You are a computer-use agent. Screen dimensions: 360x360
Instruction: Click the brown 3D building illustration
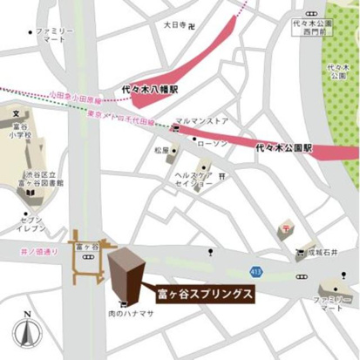click(127, 273)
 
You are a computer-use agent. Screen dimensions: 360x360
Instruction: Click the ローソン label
click(212, 142)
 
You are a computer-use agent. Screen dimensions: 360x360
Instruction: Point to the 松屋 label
click(161, 150)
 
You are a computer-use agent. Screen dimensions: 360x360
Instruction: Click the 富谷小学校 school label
click(17, 130)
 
